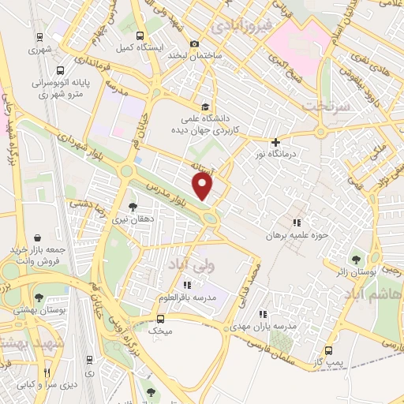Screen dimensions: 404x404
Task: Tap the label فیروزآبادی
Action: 243,28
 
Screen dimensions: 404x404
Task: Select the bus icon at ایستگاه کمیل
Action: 140,36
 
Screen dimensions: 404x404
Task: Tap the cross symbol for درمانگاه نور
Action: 275,142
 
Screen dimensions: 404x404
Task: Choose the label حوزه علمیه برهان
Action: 297,235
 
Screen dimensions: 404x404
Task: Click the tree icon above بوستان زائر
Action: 356,258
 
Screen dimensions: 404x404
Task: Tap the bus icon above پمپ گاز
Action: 329,350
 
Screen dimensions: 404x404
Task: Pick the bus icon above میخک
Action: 161,320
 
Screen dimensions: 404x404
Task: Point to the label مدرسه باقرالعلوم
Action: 187,297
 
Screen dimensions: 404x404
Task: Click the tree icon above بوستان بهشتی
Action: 39,297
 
